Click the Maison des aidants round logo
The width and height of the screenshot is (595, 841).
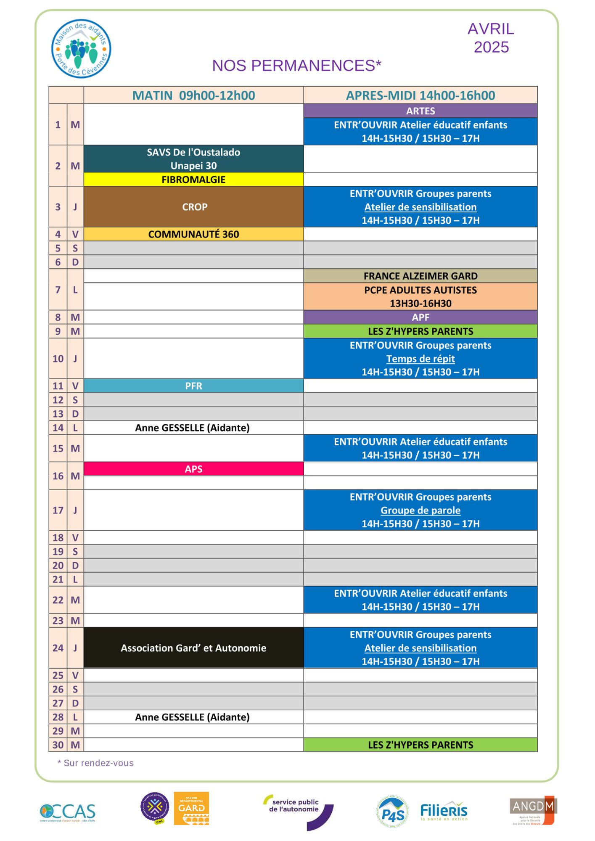[81, 49]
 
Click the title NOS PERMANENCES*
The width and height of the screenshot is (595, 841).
[296, 66]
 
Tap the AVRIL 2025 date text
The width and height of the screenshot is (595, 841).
[491, 38]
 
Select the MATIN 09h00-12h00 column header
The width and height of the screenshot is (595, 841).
[193, 95]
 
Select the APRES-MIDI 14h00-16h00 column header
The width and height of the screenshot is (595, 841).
[420, 95]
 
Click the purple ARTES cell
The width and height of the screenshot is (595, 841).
[420, 111]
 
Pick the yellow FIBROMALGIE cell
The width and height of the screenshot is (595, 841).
[193, 180]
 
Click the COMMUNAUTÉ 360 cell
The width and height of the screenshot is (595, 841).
[193, 234]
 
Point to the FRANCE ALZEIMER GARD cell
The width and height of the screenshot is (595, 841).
[420, 276]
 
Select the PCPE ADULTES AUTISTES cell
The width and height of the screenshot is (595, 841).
[420, 296]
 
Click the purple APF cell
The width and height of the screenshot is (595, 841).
[420, 317]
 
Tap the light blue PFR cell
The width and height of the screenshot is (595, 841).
[193, 386]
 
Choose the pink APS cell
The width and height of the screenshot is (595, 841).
[193, 469]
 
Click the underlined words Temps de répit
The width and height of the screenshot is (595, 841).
[420, 359]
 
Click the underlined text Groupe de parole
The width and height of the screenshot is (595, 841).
[420, 510]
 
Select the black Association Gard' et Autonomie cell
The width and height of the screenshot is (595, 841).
[193, 648]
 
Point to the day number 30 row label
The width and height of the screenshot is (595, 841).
[58, 745]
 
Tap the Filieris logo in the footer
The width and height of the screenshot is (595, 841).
[444, 811]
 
